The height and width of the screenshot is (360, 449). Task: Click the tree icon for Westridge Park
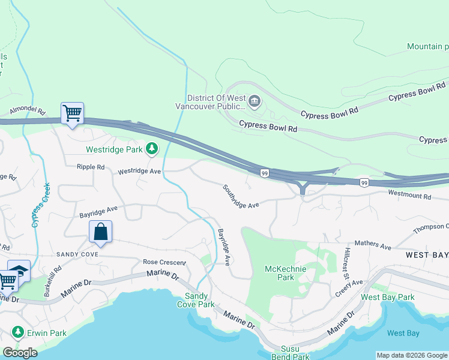(x=152, y=148)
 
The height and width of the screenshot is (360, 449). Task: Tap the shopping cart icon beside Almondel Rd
(x=72, y=113)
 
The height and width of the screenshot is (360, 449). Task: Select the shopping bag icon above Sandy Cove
(x=100, y=232)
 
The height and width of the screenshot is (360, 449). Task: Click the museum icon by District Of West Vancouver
(x=255, y=101)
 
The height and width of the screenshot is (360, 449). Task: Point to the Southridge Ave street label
(x=240, y=197)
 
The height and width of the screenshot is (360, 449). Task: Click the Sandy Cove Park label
(x=199, y=300)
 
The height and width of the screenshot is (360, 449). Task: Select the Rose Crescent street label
(x=164, y=262)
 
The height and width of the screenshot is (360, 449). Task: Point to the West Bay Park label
(x=387, y=297)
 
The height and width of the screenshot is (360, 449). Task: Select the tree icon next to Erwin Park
(x=17, y=332)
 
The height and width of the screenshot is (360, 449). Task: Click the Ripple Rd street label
(x=90, y=167)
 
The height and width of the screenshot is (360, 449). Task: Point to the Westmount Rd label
(x=409, y=196)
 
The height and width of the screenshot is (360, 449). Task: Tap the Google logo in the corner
(x=20, y=352)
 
